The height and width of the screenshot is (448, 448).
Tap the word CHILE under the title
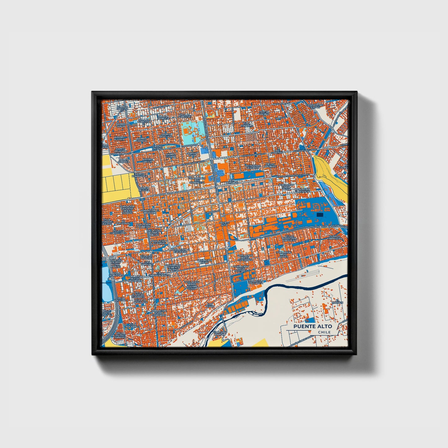(324, 332)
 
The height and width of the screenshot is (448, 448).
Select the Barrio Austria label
(119, 138)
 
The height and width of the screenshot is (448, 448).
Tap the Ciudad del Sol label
(157, 147)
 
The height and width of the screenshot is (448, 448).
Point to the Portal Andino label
(264, 113)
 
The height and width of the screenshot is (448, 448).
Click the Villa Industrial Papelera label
(289, 238)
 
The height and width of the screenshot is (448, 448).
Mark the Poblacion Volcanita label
(255, 282)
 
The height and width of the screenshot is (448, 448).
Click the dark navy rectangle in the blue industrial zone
(320, 214)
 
